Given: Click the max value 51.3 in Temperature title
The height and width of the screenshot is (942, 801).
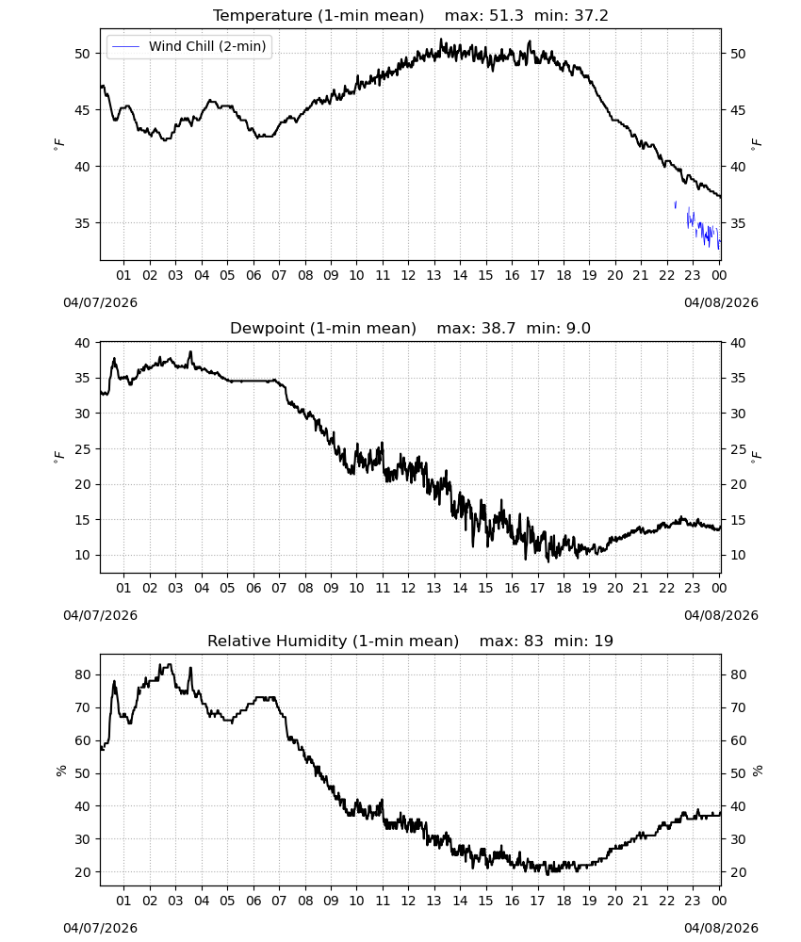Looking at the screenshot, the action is pyautogui.click(x=506, y=15).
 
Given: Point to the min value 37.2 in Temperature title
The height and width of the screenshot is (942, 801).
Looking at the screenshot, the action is pyautogui.click(x=591, y=15).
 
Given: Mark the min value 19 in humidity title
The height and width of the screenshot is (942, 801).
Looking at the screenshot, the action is pyautogui.click(x=603, y=641).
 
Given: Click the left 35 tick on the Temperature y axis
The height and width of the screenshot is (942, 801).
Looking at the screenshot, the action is pyautogui.click(x=82, y=223).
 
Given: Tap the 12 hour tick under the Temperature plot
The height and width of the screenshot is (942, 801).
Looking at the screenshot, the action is pyautogui.click(x=408, y=275).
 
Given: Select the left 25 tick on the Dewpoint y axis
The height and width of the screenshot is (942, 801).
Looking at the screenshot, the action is pyautogui.click(x=82, y=448).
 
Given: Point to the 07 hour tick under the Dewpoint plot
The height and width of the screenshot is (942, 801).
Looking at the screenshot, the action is pyautogui.click(x=279, y=588).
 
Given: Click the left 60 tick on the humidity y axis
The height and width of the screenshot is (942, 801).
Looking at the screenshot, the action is pyautogui.click(x=82, y=740).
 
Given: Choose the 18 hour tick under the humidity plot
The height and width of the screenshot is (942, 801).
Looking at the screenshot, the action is pyautogui.click(x=564, y=901).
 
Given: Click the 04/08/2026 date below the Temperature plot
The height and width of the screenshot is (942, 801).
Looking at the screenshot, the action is pyautogui.click(x=721, y=302).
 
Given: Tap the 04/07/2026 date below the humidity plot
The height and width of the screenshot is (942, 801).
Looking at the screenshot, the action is pyautogui.click(x=100, y=928).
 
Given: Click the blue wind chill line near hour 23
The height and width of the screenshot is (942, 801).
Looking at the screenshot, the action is pyautogui.click(x=697, y=226).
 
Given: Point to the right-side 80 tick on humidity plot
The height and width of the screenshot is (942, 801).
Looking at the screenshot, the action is pyautogui.click(x=738, y=674).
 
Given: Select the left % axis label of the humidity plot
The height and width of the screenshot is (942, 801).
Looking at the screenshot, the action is pyautogui.click(x=60, y=771).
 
